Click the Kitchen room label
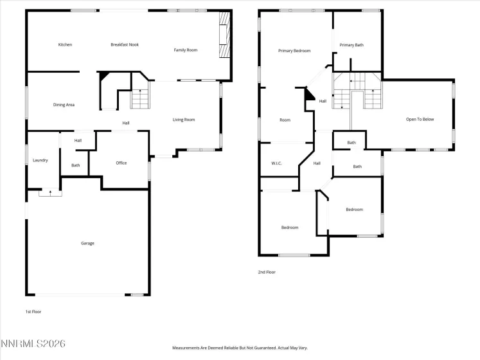tap(65, 44)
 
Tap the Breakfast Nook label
tap(125, 44)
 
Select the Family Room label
tap(186, 50)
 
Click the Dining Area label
tap(64, 104)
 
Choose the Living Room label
tap(184, 120)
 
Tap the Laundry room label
tap(40, 160)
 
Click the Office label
tap(121, 163)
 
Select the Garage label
tap(87, 243)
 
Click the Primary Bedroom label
tap(294, 50)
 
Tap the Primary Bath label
tap(351, 45)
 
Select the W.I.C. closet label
tap(277, 163)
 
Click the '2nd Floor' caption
tap(267, 272)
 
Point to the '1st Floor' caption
tap(33, 311)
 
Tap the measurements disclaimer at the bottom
tap(239, 347)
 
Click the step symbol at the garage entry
tap(48, 192)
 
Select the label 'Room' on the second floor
tap(285, 120)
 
